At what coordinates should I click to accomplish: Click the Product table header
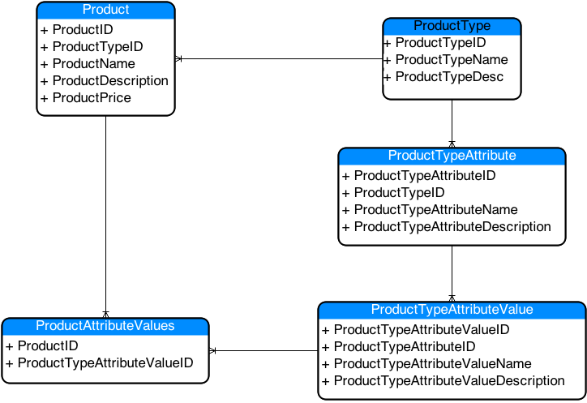coord(105,11)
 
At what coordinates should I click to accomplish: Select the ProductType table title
coord(452,27)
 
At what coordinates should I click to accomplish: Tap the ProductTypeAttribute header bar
coord(452,156)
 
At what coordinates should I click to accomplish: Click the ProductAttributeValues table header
coord(105,326)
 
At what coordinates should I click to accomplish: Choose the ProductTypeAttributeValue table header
coord(452,311)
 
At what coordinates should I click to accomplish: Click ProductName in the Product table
coord(93,64)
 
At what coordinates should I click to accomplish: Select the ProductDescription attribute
coord(110,81)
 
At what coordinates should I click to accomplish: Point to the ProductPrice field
coord(92,98)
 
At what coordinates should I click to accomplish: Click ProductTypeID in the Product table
coord(97,47)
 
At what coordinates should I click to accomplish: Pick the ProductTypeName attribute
coord(452,60)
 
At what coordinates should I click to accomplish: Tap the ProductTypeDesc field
coord(449,77)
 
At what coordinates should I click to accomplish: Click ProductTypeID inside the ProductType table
coord(440,43)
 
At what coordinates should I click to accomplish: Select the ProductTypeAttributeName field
coord(435,210)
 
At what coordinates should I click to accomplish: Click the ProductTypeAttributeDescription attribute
coord(452,227)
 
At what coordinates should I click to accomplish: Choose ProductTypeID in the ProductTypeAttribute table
coord(399,193)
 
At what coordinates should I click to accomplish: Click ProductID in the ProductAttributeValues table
coord(48,346)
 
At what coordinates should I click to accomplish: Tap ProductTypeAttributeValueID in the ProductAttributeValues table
coord(105,363)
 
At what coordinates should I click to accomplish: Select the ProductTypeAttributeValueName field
coord(432,364)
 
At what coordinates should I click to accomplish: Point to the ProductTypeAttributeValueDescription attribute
coord(449,381)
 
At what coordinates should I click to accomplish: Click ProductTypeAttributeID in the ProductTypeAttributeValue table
coord(405,347)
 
